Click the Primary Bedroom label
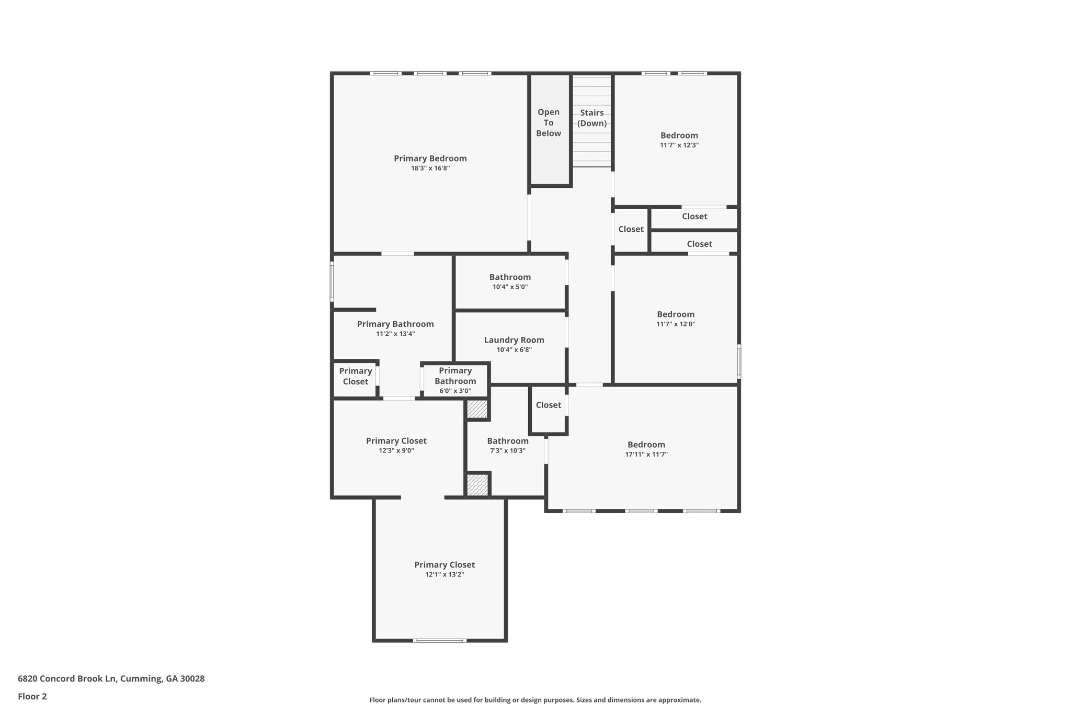(x=430, y=158)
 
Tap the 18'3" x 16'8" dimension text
(x=430, y=168)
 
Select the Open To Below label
(x=548, y=122)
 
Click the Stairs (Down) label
(x=592, y=118)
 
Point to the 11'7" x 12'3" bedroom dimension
(x=679, y=145)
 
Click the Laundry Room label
(x=514, y=340)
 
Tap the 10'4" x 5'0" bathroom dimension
(x=510, y=287)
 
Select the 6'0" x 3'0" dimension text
(x=455, y=391)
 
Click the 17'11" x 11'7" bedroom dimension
(x=646, y=455)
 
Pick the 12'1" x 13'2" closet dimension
(x=444, y=574)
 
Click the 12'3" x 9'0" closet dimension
(x=396, y=450)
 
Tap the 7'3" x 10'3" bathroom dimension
(x=507, y=450)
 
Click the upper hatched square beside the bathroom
(x=477, y=409)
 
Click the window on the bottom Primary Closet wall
(x=439, y=640)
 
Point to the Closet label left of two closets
(x=631, y=229)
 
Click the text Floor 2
(x=32, y=696)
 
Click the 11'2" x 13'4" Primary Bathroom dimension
(x=395, y=334)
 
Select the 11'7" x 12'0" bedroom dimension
(x=676, y=324)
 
